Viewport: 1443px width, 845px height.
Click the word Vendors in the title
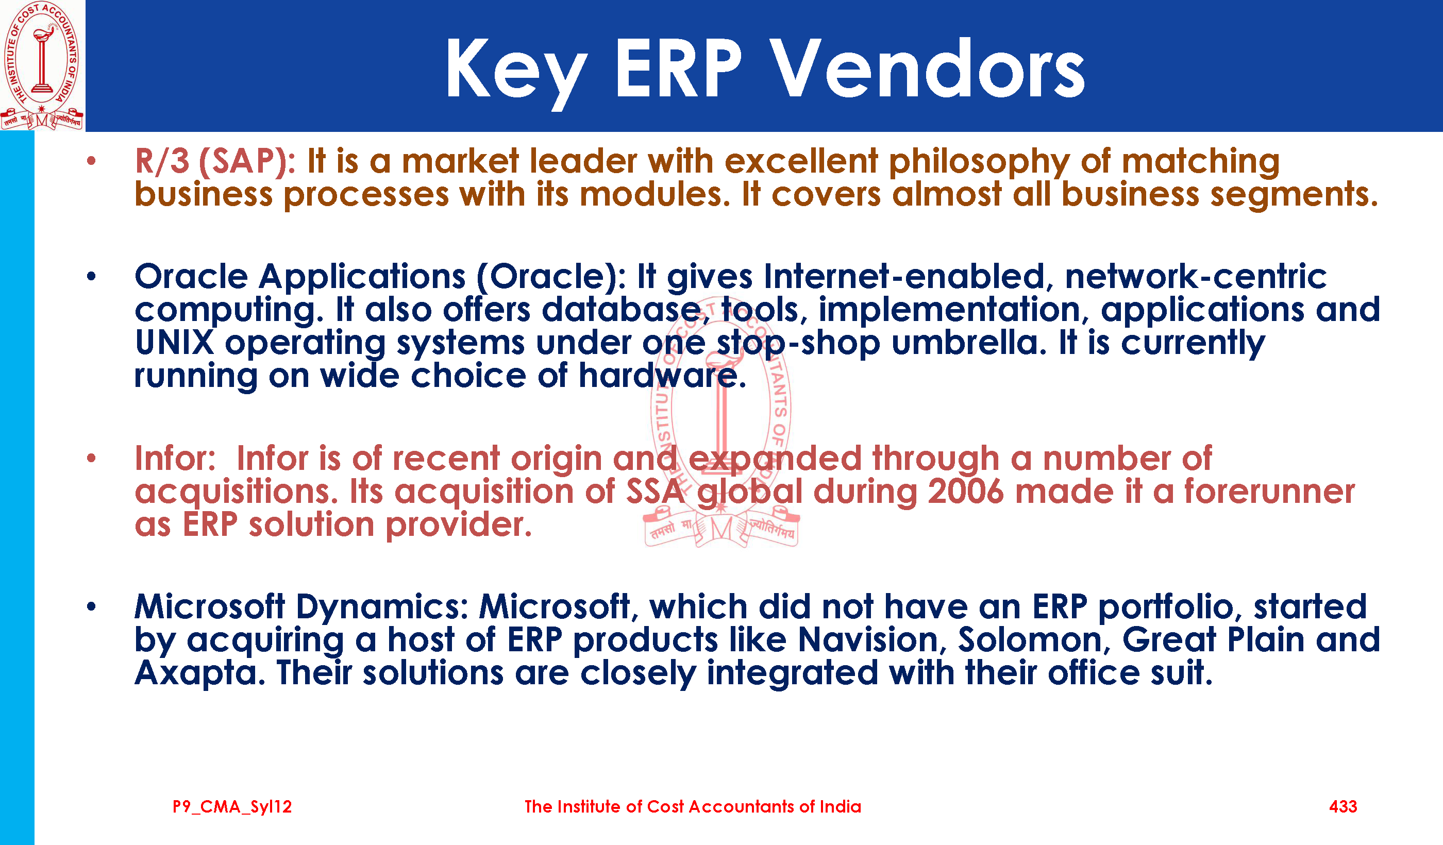(926, 69)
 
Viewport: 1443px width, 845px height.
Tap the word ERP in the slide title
(678, 69)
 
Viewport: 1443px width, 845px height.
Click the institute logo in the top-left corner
(42, 65)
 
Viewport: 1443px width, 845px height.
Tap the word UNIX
(175, 343)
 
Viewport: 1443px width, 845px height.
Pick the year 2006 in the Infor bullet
(965, 492)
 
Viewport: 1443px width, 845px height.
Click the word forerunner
(1269, 492)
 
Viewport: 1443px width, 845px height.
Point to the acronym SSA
(655, 492)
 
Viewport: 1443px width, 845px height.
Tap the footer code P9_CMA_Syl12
(232, 807)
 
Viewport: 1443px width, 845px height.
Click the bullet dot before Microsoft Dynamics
(91, 606)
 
